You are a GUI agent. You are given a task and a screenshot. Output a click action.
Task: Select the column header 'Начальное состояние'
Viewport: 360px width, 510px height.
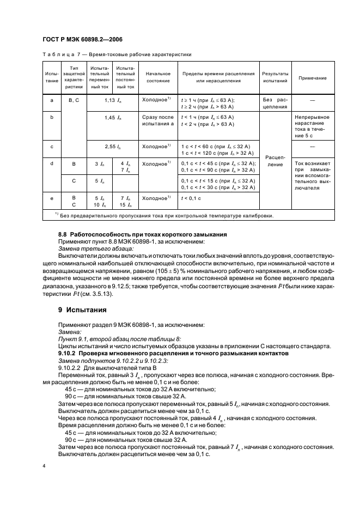(158, 77)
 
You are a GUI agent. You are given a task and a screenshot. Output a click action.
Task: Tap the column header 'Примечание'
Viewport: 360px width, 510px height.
(313, 77)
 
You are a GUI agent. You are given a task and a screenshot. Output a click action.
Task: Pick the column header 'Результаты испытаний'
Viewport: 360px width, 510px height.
(275, 77)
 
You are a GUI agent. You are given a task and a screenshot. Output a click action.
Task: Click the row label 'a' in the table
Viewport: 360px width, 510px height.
(52, 100)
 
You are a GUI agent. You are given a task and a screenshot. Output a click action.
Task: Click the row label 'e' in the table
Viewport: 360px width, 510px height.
(52, 198)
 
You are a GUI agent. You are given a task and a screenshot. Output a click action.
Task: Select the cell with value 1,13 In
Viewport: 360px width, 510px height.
(113, 100)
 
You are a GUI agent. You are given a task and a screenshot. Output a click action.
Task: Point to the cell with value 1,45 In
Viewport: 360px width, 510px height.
(113, 117)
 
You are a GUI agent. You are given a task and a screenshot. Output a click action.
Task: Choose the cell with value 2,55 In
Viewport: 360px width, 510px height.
(113, 147)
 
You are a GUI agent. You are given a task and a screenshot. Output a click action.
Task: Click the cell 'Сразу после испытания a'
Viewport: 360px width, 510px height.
(158, 120)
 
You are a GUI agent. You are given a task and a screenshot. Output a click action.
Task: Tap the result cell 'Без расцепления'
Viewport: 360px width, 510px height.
(275, 104)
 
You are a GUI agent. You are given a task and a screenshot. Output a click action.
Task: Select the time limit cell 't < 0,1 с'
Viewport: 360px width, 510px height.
(191, 198)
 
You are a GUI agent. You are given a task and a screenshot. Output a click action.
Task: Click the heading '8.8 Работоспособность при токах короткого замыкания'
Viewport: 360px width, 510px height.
(135, 234)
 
